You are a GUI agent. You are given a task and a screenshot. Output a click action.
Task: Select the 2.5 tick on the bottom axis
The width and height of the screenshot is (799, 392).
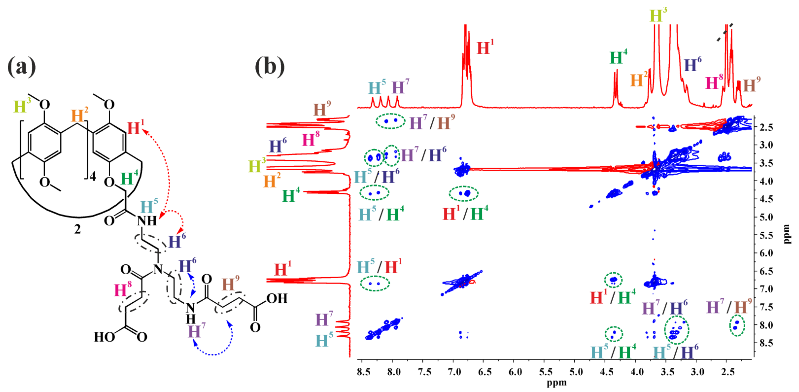pyautogui.click(x=728, y=372)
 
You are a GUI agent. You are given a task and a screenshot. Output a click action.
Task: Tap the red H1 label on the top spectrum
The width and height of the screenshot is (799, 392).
pyautogui.click(x=485, y=48)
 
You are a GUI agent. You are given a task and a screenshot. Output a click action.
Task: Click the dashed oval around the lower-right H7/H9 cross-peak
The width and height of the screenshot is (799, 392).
pyautogui.click(x=737, y=325)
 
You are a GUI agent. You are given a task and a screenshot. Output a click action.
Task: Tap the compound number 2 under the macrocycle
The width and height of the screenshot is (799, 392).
pyautogui.click(x=77, y=229)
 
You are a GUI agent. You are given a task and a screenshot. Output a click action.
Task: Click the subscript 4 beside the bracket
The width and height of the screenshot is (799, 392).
pyautogui.click(x=92, y=177)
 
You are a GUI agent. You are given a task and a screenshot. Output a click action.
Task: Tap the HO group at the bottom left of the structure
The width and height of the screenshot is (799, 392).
pyautogui.click(x=104, y=337)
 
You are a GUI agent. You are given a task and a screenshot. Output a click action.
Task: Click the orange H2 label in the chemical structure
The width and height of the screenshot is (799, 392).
pyautogui.click(x=79, y=115)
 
